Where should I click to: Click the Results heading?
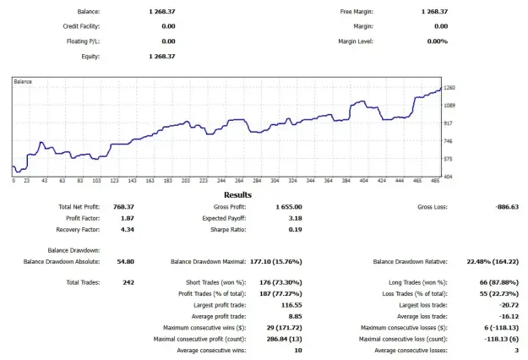point(237,195)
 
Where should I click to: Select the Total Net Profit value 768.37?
point(123,207)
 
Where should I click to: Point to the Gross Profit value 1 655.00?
point(289,207)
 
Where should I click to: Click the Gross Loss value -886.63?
point(507,207)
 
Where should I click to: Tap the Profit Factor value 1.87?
point(128,218)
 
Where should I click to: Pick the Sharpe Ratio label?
point(228,230)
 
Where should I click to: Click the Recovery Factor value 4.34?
point(128,230)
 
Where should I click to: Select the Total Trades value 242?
point(128,282)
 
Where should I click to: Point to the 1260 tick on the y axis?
point(449,88)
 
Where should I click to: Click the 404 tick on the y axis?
point(449,177)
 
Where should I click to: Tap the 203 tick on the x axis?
point(186,181)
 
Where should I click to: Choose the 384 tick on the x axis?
point(346,181)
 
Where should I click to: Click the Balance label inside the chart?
point(23,82)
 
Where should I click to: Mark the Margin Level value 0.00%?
point(438,41)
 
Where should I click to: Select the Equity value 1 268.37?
point(162,57)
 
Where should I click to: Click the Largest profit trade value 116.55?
point(291,305)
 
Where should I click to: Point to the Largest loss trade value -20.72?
point(509,305)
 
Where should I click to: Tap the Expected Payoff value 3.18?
point(296,218)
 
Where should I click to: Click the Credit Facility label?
point(81,26)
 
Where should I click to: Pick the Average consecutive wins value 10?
point(298,351)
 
